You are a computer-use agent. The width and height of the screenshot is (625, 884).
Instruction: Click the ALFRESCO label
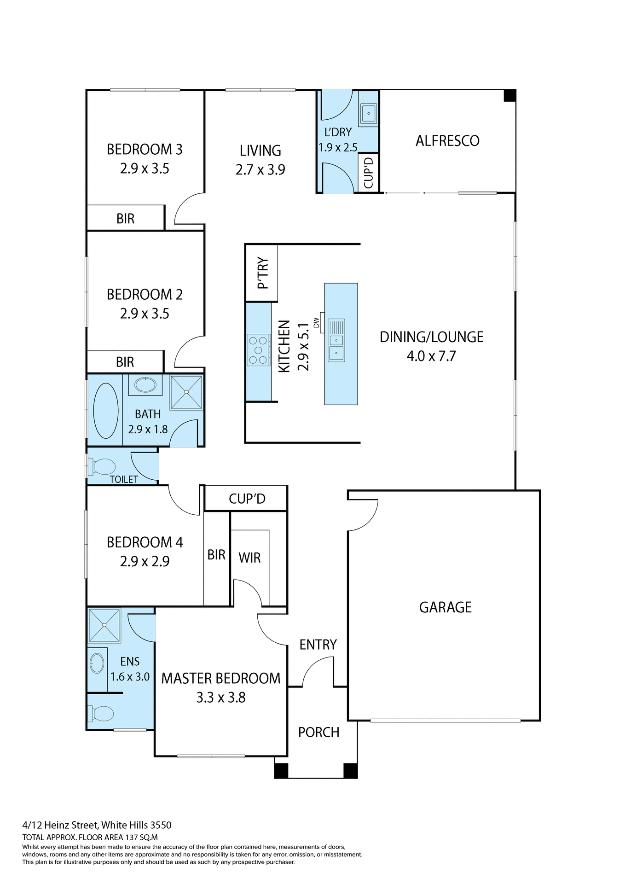tap(447, 141)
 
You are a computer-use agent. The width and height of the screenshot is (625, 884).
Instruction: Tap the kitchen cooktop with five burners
tap(258, 350)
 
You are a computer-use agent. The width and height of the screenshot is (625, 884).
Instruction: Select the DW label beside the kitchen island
tap(316, 323)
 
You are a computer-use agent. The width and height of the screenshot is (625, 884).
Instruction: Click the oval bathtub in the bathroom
tap(106, 410)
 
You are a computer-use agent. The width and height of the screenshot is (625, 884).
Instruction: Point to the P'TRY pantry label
tap(262, 273)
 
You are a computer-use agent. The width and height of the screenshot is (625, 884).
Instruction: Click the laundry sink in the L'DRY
tap(369, 113)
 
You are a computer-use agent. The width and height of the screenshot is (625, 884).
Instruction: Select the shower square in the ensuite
tap(104, 625)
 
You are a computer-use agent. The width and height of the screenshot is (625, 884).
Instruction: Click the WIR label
tap(249, 558)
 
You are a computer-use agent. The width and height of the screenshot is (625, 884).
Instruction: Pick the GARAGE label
tap(445, 607)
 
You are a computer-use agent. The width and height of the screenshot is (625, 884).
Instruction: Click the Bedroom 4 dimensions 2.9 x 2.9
tap(145, 561)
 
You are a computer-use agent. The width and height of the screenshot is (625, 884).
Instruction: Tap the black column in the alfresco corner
tap(509, 95)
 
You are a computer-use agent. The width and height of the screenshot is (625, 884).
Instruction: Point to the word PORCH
tap(318, 732)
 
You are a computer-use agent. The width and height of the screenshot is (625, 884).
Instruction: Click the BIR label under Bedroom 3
tap(125, 219)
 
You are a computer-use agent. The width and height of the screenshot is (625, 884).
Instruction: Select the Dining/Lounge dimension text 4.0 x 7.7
tap(431, 356)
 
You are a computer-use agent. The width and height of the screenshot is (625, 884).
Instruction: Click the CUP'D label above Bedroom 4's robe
tap(247, 499)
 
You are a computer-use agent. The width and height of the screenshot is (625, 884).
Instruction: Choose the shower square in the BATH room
tap(186, 392)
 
